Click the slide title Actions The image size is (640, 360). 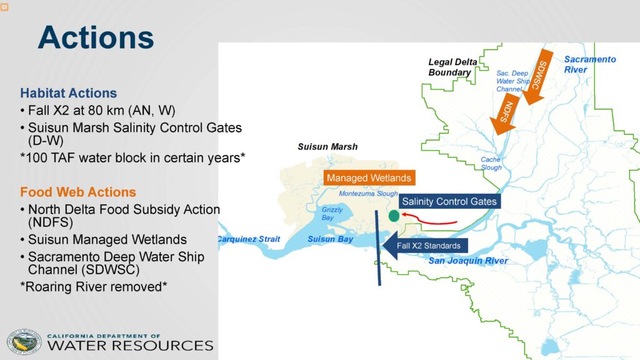click(x=96, y=37)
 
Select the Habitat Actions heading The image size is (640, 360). click(x=69, y=93)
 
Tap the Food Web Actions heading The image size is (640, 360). click(x=78, y=192)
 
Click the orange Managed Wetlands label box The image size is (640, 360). click(x=369, y=178)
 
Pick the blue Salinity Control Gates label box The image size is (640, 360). click(x=449, y=201)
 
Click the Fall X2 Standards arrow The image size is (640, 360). click(x=425, y=246)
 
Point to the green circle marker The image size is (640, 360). click(x=394, y=216)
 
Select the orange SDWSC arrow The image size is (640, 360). click(x=537, y=77)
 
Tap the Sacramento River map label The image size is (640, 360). click(x=590, y=64)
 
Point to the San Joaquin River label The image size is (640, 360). click(x=468, y=261)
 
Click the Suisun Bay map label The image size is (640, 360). click(x=330, y=239)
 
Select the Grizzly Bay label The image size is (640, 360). click(x=332, y=214)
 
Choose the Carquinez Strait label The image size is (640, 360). click(x=249, y=239)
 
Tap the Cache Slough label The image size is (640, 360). click(x=491, y=163)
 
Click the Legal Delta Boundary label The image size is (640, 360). click(x=452, y=67)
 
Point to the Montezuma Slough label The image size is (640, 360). click(x=368, y=194)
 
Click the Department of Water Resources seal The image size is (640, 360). click(x=24, y=342)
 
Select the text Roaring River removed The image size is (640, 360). click(x=94, y=286)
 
